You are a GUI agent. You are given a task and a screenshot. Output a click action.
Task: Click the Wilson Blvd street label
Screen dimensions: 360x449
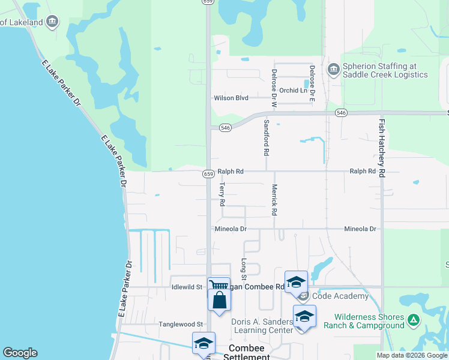[x=231, y=98]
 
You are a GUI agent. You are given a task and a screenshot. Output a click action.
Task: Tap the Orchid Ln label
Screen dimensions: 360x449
[x=293, y=91]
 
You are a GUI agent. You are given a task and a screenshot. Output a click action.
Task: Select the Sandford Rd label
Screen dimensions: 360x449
[x=266, y=137]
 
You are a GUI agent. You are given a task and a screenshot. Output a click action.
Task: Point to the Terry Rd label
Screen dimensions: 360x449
[x=221, y=195]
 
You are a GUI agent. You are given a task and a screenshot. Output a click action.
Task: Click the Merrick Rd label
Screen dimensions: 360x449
[x=274, y=200]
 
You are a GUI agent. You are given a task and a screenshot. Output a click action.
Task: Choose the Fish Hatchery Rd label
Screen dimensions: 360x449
[x=381, y=147]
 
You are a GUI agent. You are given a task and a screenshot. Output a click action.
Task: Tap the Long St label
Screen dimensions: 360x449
[x=244, y=269]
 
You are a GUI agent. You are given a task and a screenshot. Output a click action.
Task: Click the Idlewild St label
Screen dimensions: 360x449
[x=187, y=287]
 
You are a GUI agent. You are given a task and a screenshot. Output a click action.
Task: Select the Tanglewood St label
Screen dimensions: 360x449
[x=181, y=324]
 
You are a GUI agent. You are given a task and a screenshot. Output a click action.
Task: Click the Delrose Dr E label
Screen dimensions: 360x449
[x=312, y=82]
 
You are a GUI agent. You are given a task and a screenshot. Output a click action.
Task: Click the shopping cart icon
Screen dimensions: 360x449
[x=218, y=286]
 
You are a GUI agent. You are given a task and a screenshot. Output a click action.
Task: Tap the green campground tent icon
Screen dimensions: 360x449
[x=413, y=320]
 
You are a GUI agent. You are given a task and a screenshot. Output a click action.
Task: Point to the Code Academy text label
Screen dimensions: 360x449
[x=340, y=296]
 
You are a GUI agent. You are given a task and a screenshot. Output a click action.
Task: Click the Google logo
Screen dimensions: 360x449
[x=20, y=353]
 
